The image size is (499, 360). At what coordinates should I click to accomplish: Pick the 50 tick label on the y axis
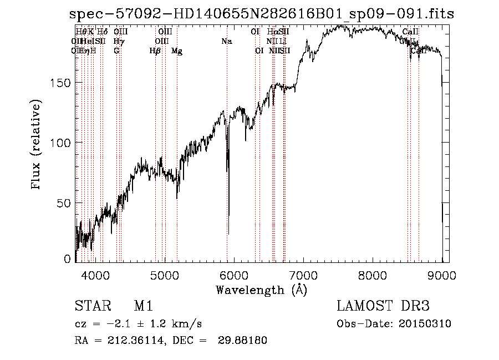65,203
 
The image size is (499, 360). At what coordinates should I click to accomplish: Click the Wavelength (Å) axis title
261,289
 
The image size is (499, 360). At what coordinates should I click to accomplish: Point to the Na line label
226,42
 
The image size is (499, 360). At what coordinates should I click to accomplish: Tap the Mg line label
177,51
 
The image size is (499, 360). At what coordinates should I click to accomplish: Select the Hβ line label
155,51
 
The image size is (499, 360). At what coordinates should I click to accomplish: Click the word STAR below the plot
90,307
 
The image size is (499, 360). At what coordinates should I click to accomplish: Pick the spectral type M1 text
143,307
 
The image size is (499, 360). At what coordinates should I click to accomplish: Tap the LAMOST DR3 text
383,307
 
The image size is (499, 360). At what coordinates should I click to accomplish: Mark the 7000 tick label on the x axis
303,275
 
